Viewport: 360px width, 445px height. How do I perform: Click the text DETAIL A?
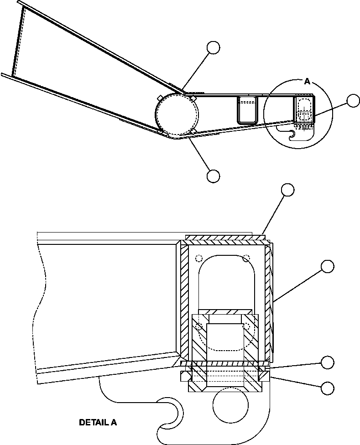(98, 422)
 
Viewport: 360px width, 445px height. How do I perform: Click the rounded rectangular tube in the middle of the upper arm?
(247, 109)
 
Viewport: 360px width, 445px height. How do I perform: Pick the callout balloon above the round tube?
(213, 47)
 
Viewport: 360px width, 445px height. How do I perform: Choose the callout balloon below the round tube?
(213, 176)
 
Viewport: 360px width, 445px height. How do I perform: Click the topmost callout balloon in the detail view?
(287, 190)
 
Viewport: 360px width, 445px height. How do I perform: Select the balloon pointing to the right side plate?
(327, 266)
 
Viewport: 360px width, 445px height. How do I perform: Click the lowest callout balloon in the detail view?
(327, 388)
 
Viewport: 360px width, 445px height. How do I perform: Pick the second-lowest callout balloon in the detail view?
(327, 362)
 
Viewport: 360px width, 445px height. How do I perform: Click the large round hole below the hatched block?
(231, 406)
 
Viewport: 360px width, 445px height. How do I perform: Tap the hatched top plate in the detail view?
(224, 238)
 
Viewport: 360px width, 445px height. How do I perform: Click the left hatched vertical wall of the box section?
(184, 301)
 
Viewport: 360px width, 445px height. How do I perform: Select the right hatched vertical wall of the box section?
(268, 301)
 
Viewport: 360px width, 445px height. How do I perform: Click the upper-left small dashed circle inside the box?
(198, 259)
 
